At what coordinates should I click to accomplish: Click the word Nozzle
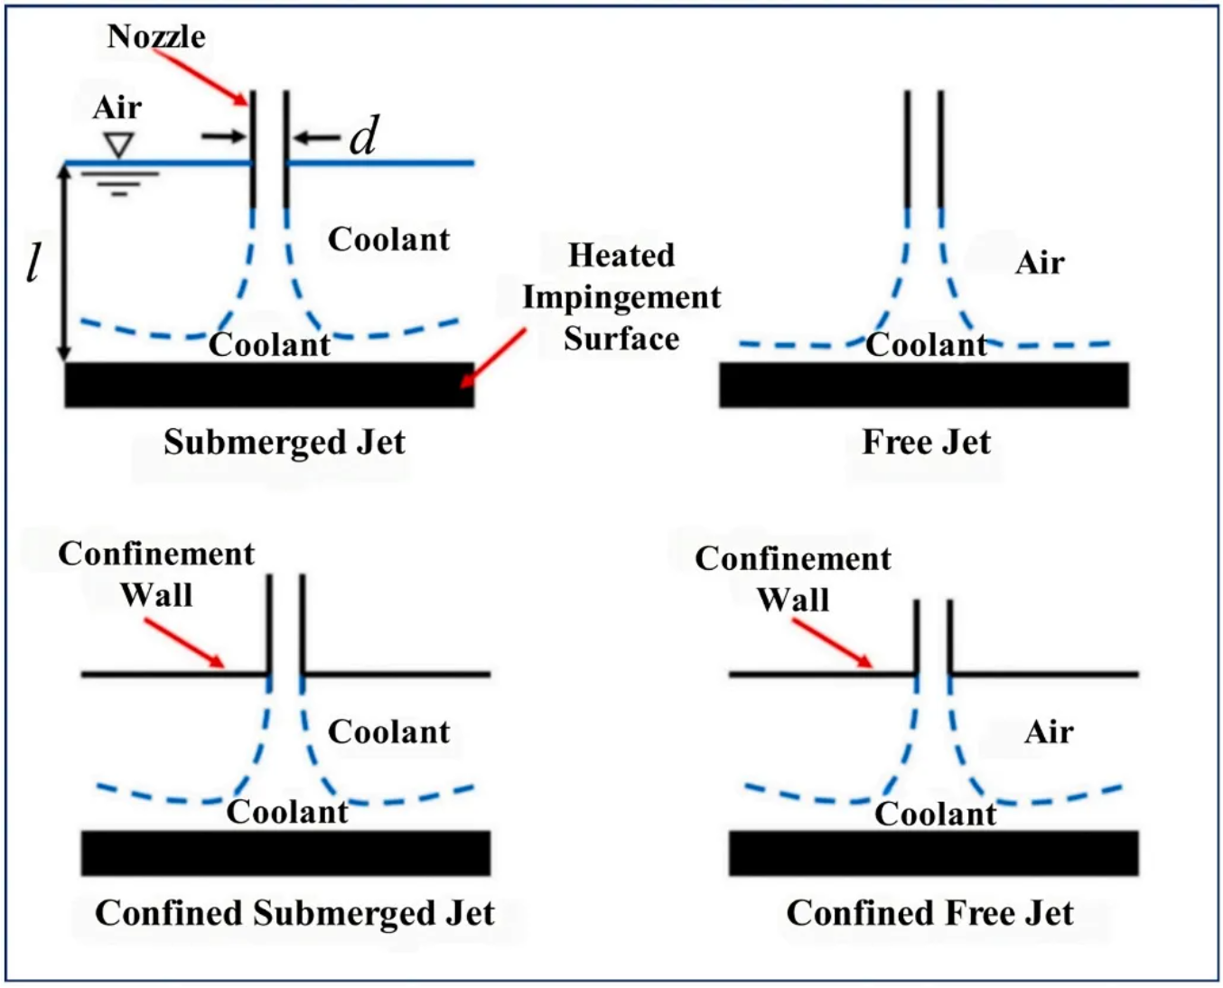[x=155, y=36]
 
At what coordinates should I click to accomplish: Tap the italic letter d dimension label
[x=363, y=137]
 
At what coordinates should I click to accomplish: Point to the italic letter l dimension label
[x=33, y=263]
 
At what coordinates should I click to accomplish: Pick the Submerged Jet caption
[x=284, y=443]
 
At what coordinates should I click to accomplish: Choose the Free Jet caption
[x=926, y=443]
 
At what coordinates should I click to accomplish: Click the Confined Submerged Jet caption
[x=294, y=913]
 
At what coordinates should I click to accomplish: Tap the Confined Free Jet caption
[x=929, y=913]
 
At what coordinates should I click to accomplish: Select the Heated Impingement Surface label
[x=621, y=297]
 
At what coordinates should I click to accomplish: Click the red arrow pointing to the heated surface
[x=493, y=358]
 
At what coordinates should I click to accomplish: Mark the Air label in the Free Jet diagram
[x=1040, y=263]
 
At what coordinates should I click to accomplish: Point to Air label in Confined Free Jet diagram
[x=1049, y=732]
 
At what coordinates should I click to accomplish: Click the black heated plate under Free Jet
[x=923, y=386]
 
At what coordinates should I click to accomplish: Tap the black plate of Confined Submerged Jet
[x=285, y=853]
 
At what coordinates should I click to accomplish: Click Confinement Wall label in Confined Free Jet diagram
[x=793, y=579]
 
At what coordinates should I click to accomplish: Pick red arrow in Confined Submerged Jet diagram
[x=184, y=643]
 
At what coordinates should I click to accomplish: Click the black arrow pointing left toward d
[x=316, y=138]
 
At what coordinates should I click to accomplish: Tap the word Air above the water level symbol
[x=117, y=107]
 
